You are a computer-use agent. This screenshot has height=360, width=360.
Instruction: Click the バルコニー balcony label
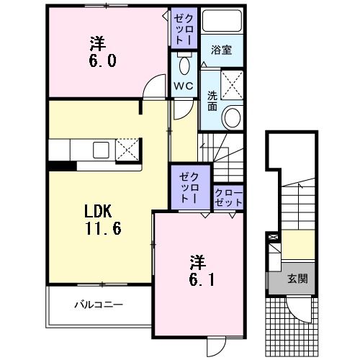pos(98,305)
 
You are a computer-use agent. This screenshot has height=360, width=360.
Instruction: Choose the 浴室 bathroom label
pos(220,52)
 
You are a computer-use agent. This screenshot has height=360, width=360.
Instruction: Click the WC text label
pos(184,86)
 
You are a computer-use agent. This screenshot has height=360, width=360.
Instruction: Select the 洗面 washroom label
pos(213,100)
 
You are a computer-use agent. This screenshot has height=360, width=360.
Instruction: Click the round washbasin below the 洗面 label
pos(233,117)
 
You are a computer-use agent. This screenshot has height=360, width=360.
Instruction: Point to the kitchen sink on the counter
pos(99,150)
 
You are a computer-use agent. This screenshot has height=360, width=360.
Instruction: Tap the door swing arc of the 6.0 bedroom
pos(153,89)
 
